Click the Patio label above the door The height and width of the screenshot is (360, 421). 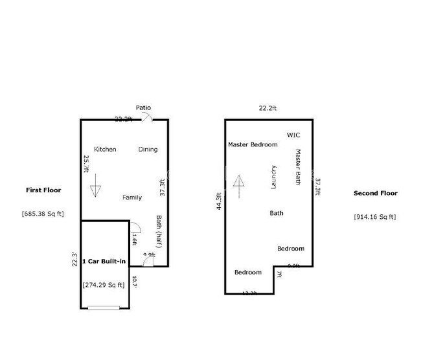pyautogui.click(x=143, y=107)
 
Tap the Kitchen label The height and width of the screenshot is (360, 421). pyautogui.click(x=105, y=150)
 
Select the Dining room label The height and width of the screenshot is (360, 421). pyautogui.click(x=148, y=150)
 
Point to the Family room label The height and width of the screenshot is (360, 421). pyautogui.click(x=132, y=197)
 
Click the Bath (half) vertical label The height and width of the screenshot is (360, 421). pyautogui.click(x=159, y=231)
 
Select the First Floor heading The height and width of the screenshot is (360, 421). pyautogui.click(x=43, y=190)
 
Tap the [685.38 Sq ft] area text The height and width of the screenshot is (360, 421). pyautogui.click(x=43, y=214)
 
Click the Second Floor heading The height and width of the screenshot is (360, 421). pyautogui.click(x=376, y=193)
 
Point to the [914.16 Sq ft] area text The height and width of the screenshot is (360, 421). pyautogui.click(x=376, y=217)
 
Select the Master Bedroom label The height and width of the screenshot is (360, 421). pyautogui.click(x=253, y=144)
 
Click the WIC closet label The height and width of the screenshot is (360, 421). pyautogui.click(x=293, y=135)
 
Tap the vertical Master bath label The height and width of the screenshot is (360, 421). pyautogui.click(x=299, y=168)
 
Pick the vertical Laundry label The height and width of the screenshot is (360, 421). pyautogui.click(x=274, y=177)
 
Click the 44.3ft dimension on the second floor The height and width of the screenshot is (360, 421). pyautogui.click(x=220, y=202)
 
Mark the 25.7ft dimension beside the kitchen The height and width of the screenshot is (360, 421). pyautogui.click(x=85, y=165)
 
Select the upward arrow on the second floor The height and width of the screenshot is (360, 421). pyautogui.click(x=238, y=186)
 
